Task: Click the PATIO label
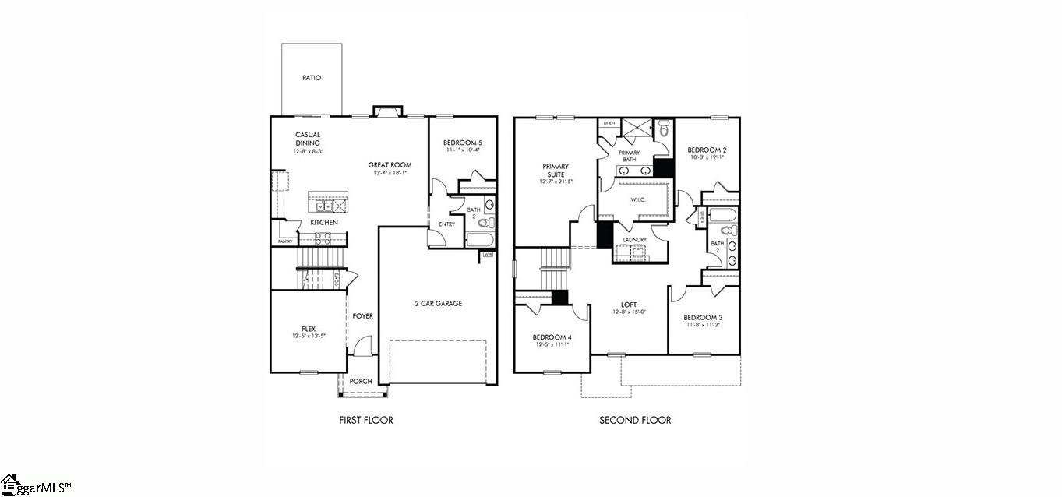click(x=312, y=78)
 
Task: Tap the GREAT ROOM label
click(x=390, y=164)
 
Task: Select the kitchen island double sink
click(x=322, y=206)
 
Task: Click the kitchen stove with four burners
click(x=323, y=238)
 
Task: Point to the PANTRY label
click(x=285, y=241)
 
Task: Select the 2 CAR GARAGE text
click(x=438, y=304)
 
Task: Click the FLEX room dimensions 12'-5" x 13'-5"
click(x=308, y=337)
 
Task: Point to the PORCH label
click(x=360, y=381)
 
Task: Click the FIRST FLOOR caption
click(x=365, y=421)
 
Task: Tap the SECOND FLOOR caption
click(x=634, y=421)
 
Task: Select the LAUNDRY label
click(x=635, y=239)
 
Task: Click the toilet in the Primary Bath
click(x=663, y=130)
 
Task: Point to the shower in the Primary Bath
click(x=635, y=128)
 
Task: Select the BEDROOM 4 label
click(x=552, y=337)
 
